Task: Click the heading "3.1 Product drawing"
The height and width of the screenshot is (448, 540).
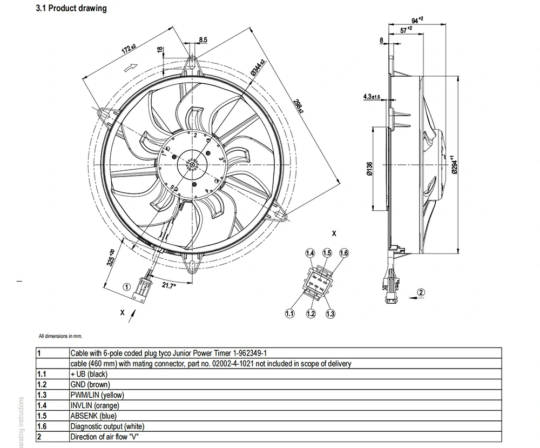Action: [71, 9]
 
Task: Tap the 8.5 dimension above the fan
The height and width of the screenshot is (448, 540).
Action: [203, 39]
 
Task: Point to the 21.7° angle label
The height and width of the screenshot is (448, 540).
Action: [169, 286]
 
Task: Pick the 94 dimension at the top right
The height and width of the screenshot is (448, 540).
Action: [416, 21]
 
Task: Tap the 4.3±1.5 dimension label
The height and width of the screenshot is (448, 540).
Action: [372, 97]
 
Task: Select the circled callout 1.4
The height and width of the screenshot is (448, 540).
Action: [310, 253]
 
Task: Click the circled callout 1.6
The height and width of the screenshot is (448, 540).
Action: [344, 253]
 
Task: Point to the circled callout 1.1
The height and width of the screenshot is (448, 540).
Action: [289, 313]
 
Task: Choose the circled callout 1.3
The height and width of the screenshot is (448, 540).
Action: [330, 313]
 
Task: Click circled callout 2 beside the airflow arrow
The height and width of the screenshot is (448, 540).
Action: [422, 292]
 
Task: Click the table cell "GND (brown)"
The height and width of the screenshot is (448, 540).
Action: [90, 384]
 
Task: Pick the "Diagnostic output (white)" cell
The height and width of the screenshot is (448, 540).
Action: [107, 426]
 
